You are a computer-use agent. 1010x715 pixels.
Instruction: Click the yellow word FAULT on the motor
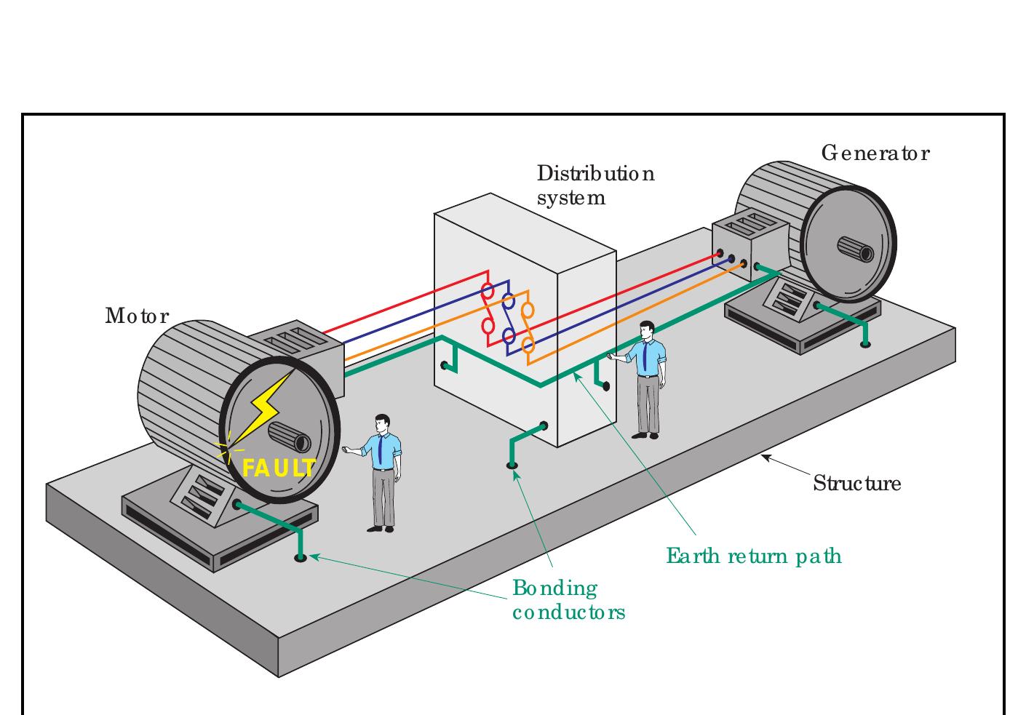(279, 468)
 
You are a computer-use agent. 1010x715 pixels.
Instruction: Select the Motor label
(137, 316)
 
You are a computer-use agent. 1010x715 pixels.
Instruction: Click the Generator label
(875, 153)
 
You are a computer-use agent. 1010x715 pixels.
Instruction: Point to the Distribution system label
(595, 185)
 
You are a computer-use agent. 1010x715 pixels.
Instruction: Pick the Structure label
(856, 484)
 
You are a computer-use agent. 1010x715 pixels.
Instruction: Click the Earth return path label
(754, 556)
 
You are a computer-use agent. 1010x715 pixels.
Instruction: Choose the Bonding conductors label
(568, 600)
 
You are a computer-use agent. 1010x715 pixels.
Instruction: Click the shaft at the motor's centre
(290, 438)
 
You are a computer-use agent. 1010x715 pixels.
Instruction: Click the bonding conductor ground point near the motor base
(300, 558)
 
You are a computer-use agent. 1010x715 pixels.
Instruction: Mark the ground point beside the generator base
(865, 343)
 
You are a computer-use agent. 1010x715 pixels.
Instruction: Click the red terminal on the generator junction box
(720, 254)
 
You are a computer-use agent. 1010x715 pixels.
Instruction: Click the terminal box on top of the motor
(298, 345)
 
